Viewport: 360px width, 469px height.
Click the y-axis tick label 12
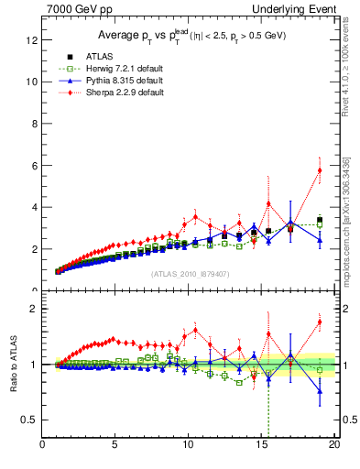click(x=32, y=39)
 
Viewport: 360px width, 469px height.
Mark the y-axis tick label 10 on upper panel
click(x=32, y=82)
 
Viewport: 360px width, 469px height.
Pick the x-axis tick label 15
click(x=261, y=446)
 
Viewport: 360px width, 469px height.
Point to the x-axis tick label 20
click(x=334, y=446)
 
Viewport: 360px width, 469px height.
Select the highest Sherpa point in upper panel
click(x=320, y=169)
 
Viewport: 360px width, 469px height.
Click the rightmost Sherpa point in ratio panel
click(x=320, y=322)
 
